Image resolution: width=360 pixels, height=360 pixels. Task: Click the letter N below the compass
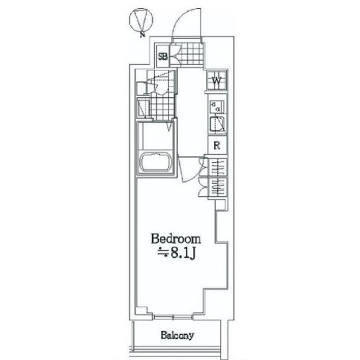pyautogui.click(x=142, y=34)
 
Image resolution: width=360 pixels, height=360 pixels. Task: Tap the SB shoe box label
pyautogui.click(x=163, y=56)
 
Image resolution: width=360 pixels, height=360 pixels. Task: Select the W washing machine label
pyautogui.click(x=217, y=81)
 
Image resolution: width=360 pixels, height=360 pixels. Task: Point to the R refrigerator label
pyautogui.click(x=217, y=145)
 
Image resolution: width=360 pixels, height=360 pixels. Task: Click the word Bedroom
pyautogui.click(x=175, y=238)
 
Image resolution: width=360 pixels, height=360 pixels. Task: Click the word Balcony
pyautogui.click(x=177, y=335)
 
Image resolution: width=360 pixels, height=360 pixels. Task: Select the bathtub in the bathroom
pyautogui.click(x=156, y=163)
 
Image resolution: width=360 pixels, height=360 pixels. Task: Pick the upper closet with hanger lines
pyautogui.click(x=218, y=167)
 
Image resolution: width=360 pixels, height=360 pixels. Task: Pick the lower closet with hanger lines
pyautogui.click(x=218, y=187)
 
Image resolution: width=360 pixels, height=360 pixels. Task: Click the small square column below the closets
pyautogui.click(x=220, y=204)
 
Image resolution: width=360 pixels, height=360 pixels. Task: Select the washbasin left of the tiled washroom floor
pyautogui.click(x=143, y=107)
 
